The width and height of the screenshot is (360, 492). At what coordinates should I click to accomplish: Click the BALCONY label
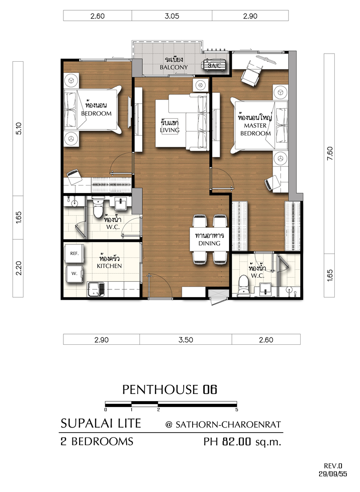(174, 67)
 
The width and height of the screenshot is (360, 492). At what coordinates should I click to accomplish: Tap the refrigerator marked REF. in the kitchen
(74, 253)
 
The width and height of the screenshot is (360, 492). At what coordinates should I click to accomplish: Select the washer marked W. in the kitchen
(74, 274)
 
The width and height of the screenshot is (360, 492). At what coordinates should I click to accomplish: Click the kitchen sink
(96, 289)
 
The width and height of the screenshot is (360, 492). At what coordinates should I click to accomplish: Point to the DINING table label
(209, 243)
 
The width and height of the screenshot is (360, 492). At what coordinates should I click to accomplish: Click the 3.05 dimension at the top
(172, 16)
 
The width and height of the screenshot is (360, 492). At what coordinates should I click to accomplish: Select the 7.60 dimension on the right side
(329, 154)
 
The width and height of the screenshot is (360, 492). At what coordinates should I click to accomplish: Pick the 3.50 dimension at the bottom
(186, 340)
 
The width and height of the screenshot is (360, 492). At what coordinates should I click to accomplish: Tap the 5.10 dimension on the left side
(18, 129)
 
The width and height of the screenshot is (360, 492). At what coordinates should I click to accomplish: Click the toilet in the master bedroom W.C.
(243, 284)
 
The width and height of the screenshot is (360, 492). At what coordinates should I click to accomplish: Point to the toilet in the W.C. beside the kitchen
(98, 208)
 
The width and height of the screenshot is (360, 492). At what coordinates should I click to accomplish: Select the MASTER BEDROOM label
(255, 129)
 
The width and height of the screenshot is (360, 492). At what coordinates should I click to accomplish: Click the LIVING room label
(170, 130)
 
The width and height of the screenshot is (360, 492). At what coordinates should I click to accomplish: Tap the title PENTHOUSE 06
(170, 389)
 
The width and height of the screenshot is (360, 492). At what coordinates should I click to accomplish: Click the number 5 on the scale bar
(237, 410)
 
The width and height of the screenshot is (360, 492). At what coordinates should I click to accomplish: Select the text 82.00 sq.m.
(252, 442)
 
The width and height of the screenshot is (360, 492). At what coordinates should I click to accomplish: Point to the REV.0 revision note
(333, 466)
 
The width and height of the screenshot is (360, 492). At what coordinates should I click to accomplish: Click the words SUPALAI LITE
(101, 423)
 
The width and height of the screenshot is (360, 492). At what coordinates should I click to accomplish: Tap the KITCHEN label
(109, 266)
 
